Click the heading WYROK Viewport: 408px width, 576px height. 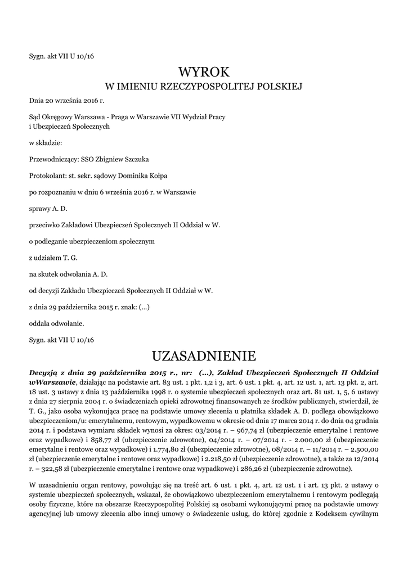tap(204, 72)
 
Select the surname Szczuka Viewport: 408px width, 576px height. tap(134, 159)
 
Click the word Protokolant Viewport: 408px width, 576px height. tap(47, 175)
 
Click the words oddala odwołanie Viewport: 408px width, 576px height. tap(56, 323)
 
